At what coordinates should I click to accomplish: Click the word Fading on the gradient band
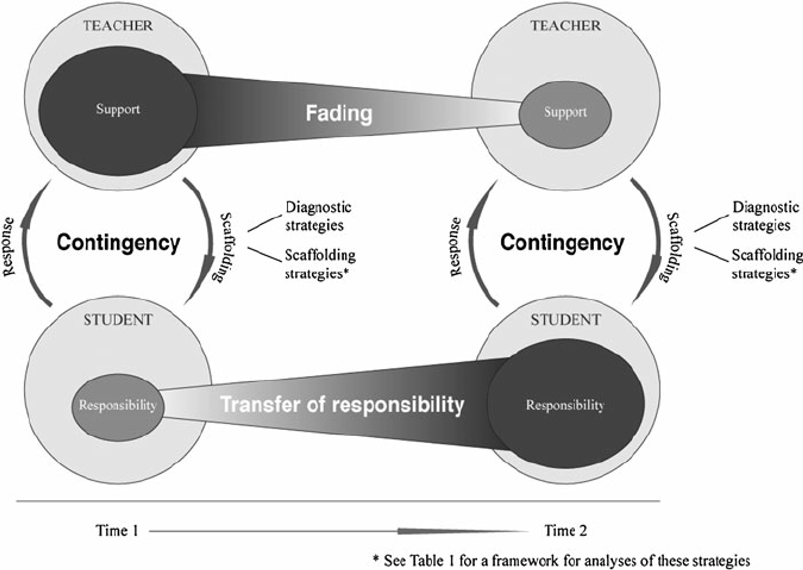(339, 113)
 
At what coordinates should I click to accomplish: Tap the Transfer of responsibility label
(342, 405)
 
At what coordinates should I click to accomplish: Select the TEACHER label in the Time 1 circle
(118, 26)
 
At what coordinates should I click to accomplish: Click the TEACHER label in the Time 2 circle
(566, 26)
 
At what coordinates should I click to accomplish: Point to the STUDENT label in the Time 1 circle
(118, 320)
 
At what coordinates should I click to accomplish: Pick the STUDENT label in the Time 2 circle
(566, 320)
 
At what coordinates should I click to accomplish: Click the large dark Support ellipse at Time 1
(118, 110)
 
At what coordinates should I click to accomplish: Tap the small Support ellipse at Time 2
(565, 114)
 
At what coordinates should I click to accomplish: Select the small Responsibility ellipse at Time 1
(118, 407)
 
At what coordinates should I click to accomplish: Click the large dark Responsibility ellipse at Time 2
(566, 406)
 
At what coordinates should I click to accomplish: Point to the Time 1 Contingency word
(118, 243)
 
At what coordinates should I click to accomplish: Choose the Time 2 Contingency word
(562, 243)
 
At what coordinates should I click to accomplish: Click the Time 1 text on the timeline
(117, 531)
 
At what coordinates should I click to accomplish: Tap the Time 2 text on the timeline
(566, 531)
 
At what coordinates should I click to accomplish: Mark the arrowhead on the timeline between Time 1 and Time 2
(462, 531)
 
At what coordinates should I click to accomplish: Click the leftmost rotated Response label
(9, 247)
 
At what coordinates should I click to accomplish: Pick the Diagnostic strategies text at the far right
(765, 216)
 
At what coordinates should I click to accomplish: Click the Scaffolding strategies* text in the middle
(320, 264)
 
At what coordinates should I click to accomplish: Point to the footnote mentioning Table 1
(561, 560)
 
